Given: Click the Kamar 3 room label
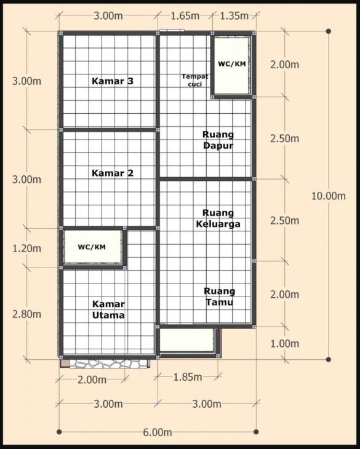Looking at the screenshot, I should pos(113,81).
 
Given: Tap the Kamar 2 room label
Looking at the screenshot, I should pos(112,173).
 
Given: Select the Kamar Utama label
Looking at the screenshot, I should pos(108,309).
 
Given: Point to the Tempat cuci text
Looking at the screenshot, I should pos(191,80).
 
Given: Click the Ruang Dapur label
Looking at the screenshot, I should pos(218,140).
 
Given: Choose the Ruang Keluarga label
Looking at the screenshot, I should pos(218,218).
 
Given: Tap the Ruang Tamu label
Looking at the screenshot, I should pos(219,296).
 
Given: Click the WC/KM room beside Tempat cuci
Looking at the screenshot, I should pos(231,64).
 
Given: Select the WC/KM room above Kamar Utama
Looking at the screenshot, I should pos(92,247).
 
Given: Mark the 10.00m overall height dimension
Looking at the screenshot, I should pos(329,196).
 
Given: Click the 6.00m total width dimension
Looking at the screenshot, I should pos(158,432).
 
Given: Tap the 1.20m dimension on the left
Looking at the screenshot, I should pos(27,248).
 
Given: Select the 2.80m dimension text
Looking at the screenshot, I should pos(27,314).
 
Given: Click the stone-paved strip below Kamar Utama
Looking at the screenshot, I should pos(108,363).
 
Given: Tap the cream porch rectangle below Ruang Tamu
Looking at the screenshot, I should pos(186,340).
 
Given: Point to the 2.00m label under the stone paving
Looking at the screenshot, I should pos(92,380).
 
